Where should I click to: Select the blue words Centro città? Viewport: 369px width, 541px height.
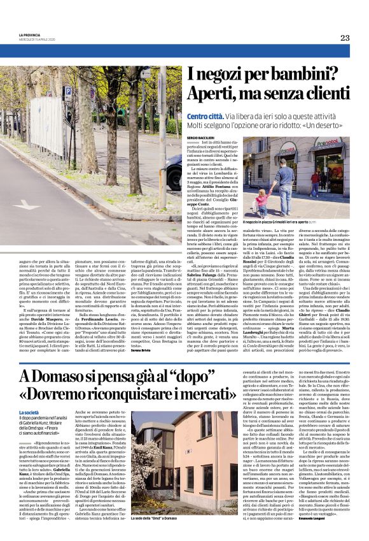tap(205, 116)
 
